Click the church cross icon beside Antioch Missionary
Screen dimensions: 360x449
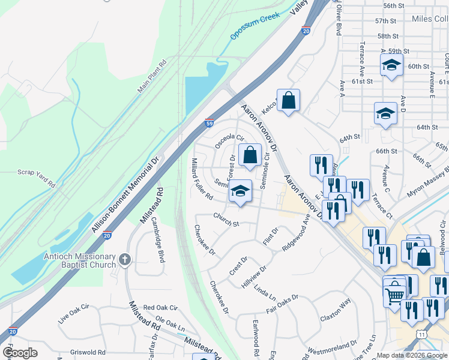point(124,259)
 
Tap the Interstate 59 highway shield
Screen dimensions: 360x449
point(209,123)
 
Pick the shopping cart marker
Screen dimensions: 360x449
point(394,295)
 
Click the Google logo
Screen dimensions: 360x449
point(20,353)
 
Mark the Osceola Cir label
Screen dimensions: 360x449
point(230,142)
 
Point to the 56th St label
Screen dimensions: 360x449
point(394,5)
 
